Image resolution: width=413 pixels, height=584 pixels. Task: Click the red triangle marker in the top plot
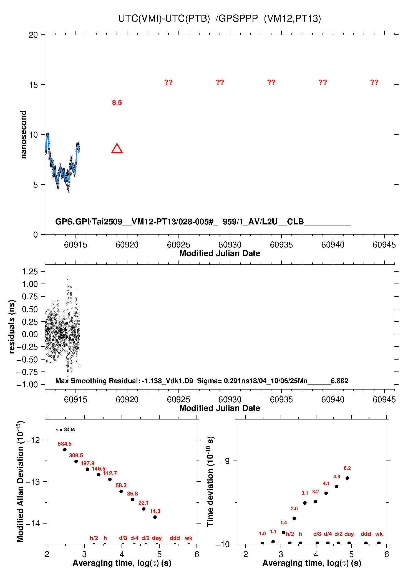pos(117,149)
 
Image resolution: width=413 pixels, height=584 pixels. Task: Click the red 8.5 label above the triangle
pos(117,103)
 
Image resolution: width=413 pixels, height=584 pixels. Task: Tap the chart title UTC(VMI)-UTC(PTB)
pos(164,19)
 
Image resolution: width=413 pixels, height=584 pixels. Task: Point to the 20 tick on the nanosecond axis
pos(33,35)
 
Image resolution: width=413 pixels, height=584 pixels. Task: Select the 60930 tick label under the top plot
pos(230,245)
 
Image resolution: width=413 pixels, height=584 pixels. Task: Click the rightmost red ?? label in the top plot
pos(374,82)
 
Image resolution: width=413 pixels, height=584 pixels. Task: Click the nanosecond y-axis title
pos(24,135)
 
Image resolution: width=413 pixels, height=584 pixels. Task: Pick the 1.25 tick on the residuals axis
pos(30,271)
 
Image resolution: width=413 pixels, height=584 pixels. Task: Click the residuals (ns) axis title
pos(12,327)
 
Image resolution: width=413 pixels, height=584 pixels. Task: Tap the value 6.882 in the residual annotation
pos(339,381)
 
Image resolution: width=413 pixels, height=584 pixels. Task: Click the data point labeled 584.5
pos(65,450)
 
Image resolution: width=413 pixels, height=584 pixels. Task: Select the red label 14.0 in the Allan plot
pos(155,511)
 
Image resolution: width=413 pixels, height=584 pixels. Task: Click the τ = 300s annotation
pos(66,430)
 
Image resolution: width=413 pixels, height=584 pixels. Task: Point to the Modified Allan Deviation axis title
pos(20,481)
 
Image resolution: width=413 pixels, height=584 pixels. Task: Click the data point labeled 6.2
pos(347,478)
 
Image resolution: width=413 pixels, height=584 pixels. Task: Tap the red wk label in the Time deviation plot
pos(379,534)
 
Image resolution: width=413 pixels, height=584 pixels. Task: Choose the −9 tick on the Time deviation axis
pos(225,461)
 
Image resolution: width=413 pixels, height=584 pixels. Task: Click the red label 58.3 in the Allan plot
pos(121,485)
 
